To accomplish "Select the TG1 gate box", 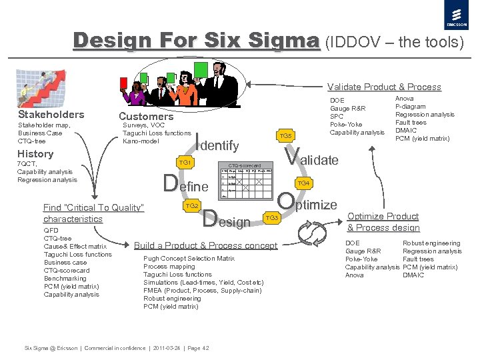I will pos(185,163).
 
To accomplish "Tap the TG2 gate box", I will pos(192,206).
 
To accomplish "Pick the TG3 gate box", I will pos(271,218).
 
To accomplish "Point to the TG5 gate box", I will pos(285,136).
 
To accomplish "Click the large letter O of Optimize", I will pos(285,202).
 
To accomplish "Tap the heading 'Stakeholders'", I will pos(51,115).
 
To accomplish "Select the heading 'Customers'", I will pos(146,116).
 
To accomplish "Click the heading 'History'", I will pos(36,154).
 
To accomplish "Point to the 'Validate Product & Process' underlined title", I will pos(384,87).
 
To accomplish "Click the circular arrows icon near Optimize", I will pos(311,234).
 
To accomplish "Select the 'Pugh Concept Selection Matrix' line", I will pos(189,258).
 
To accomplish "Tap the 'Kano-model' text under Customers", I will pos(141,141).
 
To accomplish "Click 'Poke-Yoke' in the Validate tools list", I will pos(346,124).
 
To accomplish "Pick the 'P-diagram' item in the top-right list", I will pos(412,107).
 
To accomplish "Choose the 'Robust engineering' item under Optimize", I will pos(431,243).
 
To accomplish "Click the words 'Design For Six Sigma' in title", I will pos(196,41).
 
